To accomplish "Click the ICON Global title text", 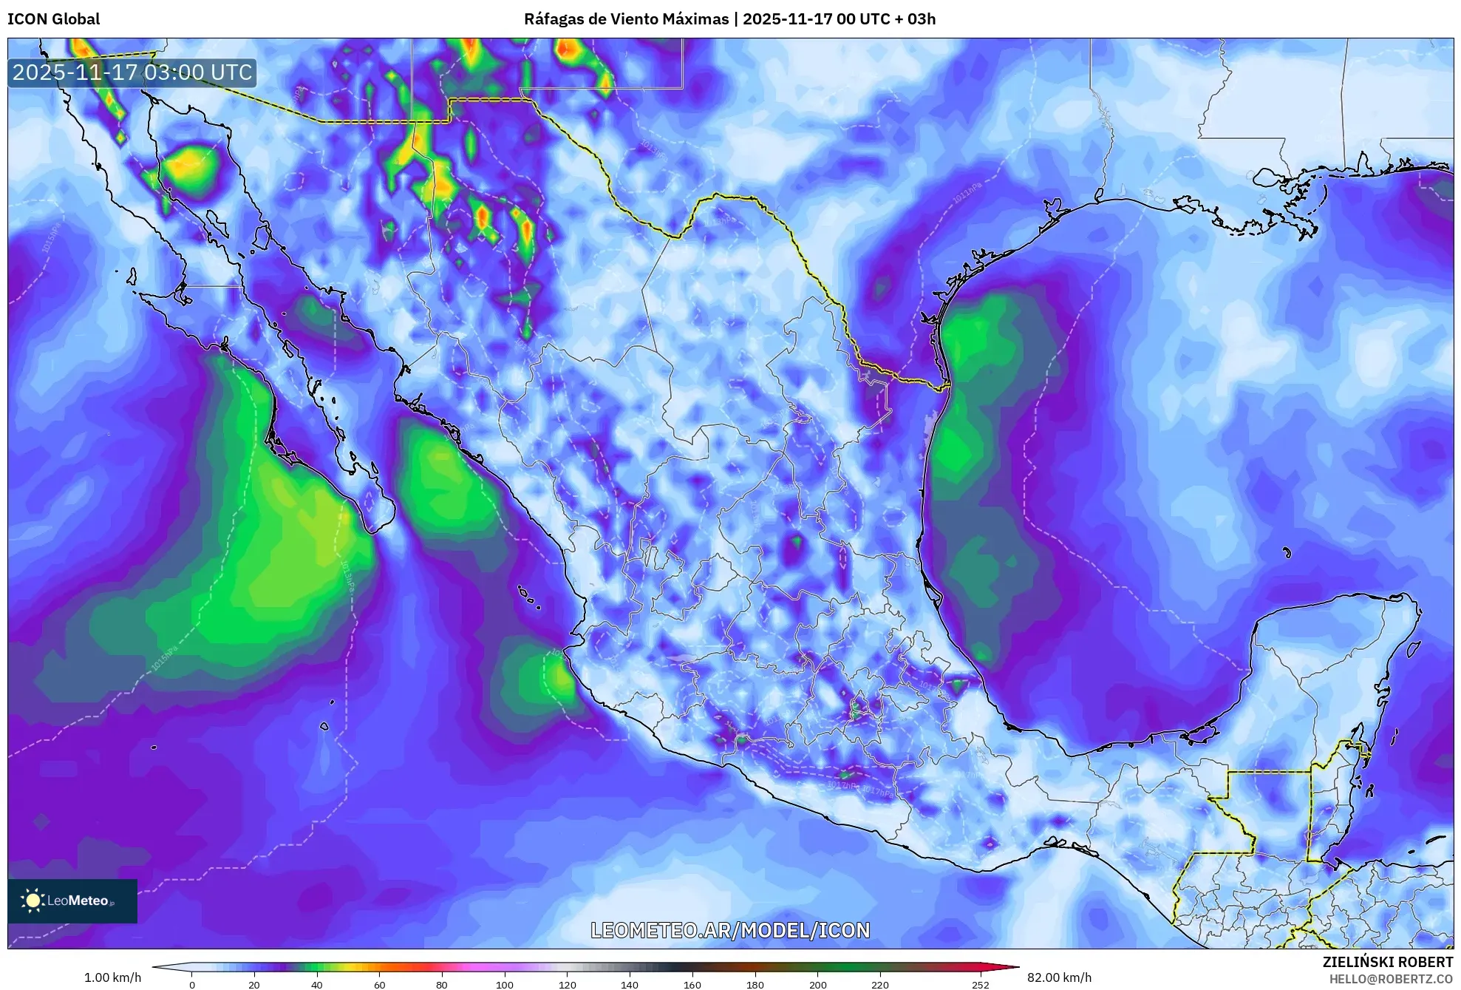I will [54, 19].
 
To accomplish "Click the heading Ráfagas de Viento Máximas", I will [626, 19].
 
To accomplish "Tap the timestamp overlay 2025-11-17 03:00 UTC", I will [132, 72].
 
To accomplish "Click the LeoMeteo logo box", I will [72, 901].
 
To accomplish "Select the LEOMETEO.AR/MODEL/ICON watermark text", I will [730, 930].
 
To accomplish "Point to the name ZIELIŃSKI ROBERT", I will [1387, 962].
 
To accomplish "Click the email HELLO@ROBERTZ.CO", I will [1391, 979].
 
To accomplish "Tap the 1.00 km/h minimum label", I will [112, 977].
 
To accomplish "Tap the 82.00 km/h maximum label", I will [1059, 977].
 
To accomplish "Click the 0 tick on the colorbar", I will [192, 984].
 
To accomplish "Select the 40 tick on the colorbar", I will [317, 984].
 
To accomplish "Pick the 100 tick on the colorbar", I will [505, 984].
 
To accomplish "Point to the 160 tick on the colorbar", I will [692, 984].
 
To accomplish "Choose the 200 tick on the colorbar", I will [817, 984].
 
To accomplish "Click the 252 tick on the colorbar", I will [980, 984].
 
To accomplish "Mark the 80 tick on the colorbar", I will [442, 984].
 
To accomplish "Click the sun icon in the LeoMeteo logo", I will [33, 901].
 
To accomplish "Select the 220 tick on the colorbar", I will [880, 984].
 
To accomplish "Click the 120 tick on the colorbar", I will [568, 984].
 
